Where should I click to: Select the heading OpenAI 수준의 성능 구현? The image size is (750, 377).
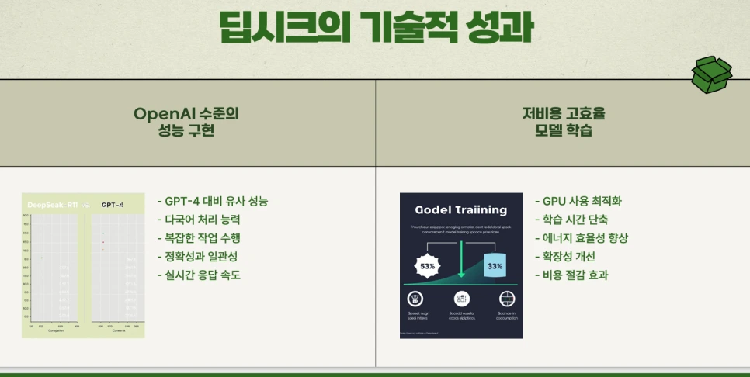(186, 122)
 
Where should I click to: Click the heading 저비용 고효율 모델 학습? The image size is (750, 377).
(564, 122)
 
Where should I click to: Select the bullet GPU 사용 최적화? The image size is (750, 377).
(578, 202)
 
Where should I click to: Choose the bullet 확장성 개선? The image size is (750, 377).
(568, 256)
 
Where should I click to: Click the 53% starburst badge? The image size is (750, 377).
(428, 266)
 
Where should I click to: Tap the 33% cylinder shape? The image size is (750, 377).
(495, 265)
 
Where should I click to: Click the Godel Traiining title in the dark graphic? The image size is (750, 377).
(460, 210)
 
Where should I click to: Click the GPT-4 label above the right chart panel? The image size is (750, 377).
(113, 205)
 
